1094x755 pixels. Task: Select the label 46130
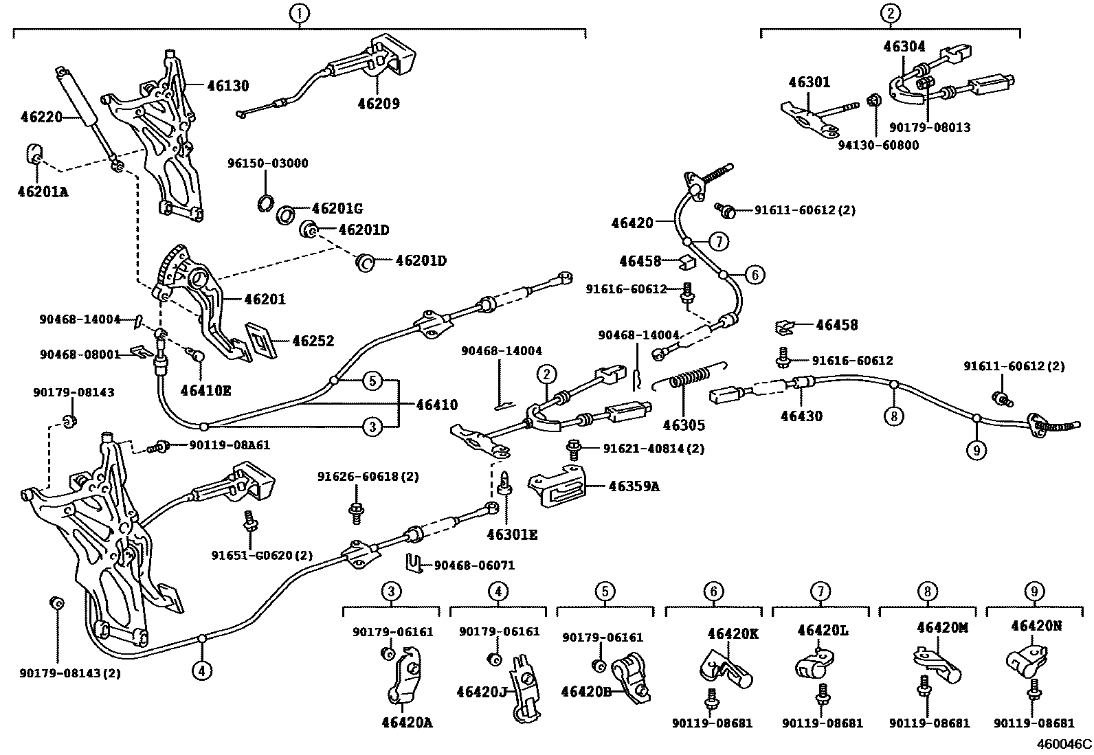pos(228,86)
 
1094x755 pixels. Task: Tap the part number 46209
pos(378,104)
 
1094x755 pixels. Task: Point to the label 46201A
pos(43,192)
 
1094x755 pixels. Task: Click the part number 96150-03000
pos(268,164)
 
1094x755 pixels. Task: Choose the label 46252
pos(313,341)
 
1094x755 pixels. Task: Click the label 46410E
pos(205,390)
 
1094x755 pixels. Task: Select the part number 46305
pos(684,425)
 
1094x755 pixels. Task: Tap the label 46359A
pos(634,486)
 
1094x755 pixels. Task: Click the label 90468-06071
pos(475,565)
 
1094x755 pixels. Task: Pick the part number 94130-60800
pos(878,146)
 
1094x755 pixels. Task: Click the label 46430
pos(801,416)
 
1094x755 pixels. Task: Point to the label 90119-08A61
pos(230,445)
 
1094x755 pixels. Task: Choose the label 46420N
pos(1036,626)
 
